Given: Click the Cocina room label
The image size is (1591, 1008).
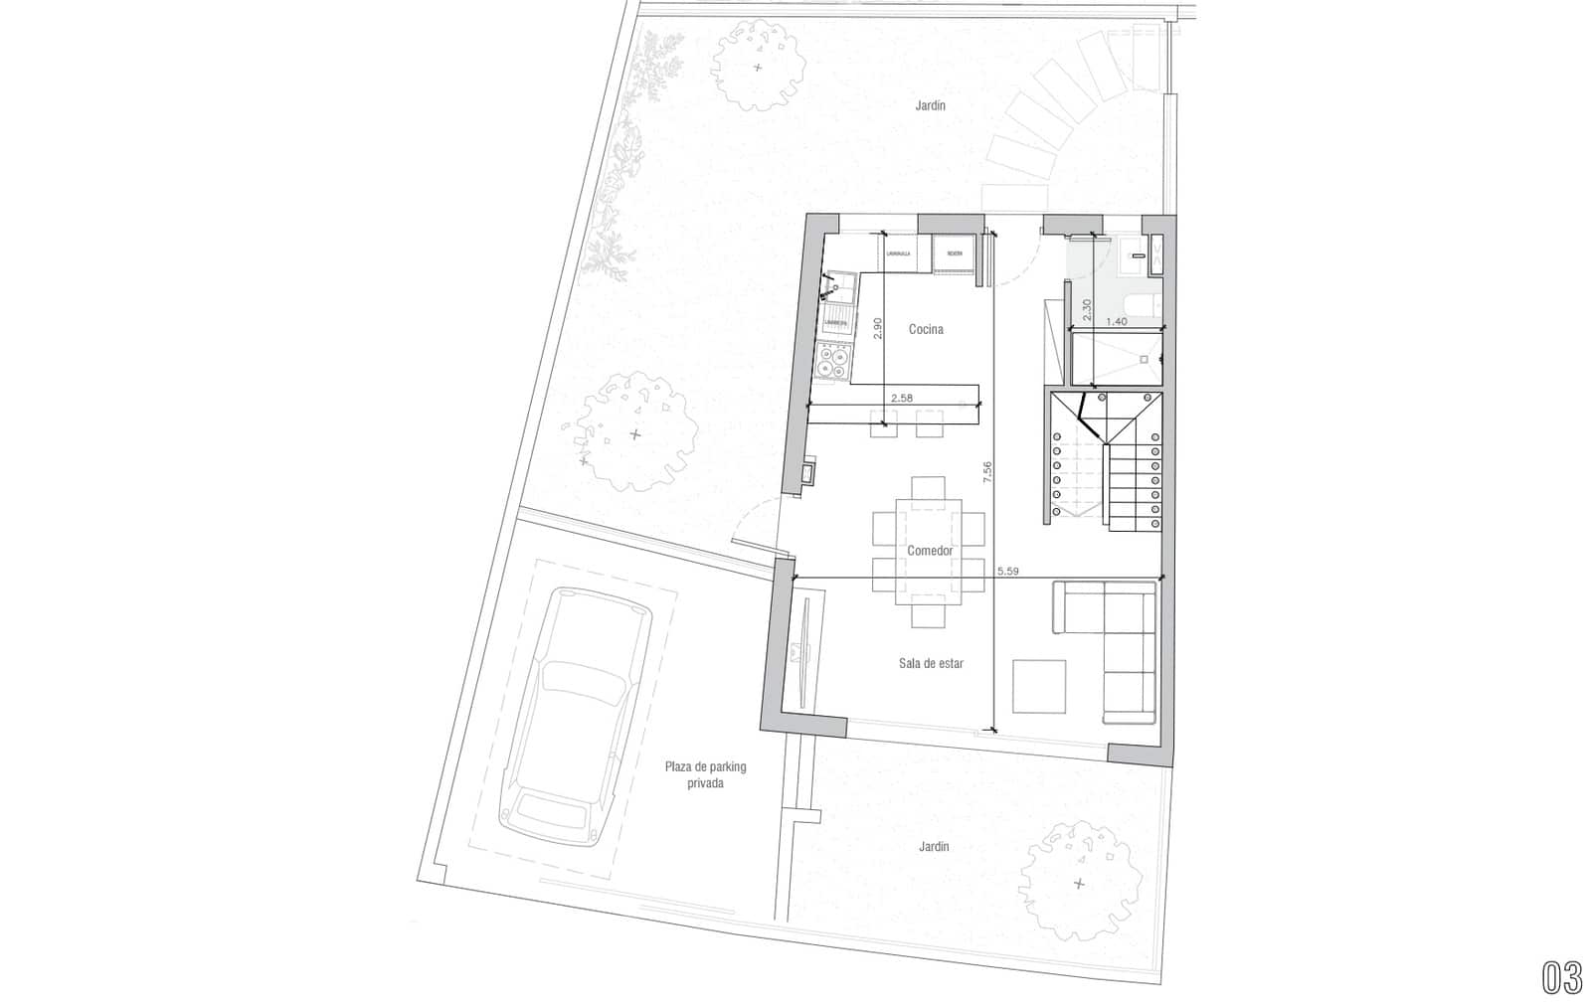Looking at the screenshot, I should pos(925,329).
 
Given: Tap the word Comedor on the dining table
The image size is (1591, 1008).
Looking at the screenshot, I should pos(930,551).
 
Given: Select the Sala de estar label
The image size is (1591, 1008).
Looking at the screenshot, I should pos(931,663).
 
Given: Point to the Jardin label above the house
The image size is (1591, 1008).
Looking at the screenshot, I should pos(931,105).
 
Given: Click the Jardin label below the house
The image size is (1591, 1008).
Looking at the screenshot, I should pos(934,847).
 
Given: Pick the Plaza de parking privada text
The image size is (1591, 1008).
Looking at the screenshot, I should pos(705,775).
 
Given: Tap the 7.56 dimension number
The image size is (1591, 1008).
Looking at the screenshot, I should pos(987,472).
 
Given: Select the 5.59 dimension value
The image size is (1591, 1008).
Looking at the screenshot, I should pos(1007,571).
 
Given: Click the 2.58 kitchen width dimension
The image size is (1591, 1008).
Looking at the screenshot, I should pos(902,398).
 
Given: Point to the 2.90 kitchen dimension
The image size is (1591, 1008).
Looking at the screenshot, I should pos(877,329).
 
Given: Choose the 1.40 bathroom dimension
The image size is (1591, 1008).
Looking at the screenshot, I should pos(1116,321).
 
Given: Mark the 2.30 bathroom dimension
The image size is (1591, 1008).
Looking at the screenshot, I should pos(1087,309).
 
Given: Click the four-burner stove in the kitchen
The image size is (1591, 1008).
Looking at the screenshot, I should pos(832,362).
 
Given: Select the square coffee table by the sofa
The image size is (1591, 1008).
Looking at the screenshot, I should pos(1039,686).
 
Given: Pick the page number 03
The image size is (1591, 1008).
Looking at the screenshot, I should pos(1562,978).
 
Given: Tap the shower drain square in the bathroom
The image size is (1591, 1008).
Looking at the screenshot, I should pos(1144,358).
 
